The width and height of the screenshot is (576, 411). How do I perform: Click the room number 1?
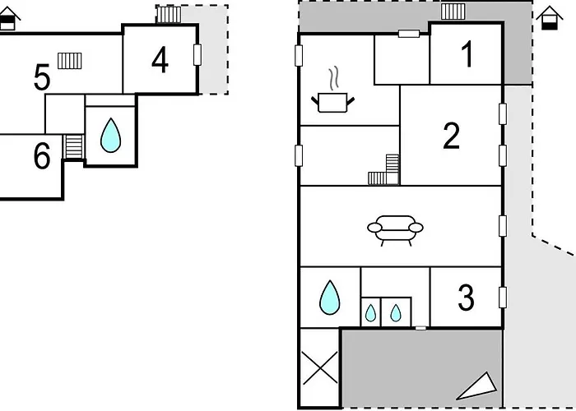point(467,55)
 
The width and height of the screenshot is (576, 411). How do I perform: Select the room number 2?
point(451,136)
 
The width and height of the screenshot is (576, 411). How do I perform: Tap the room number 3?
point(466,298)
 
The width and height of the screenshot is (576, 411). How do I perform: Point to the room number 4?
point(160,59)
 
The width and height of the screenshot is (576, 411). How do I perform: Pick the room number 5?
point(42,79)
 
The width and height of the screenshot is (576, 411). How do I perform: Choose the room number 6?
point(41,156)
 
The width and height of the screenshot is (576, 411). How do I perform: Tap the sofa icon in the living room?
point(394,229)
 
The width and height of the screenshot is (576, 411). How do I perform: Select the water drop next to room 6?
point(109,136)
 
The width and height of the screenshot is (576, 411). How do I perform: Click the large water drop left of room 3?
point(330,297)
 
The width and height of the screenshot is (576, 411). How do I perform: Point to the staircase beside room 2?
point(384,170)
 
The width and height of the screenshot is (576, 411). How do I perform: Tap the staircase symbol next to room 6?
point(74,146)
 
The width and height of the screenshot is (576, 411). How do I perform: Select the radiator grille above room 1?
point(453,11)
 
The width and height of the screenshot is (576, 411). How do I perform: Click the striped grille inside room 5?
point(70,60)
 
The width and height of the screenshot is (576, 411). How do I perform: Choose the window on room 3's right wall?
point(502,297)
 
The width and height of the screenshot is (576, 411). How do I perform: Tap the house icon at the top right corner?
point(547,17)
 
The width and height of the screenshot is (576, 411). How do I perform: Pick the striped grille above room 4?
point(168,14)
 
